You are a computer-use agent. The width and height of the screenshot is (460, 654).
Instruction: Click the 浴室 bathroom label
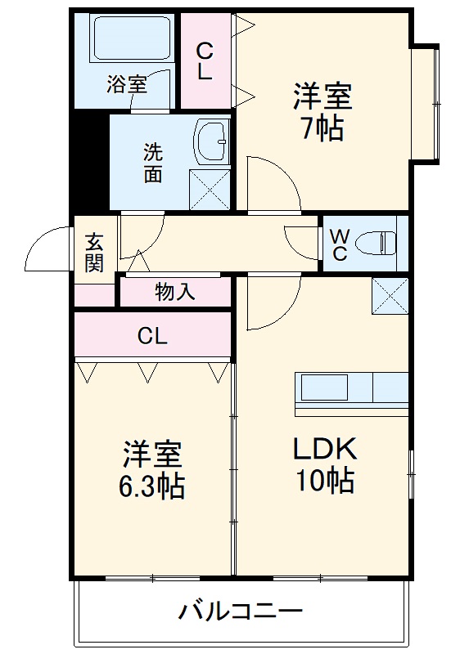tap(126, 83)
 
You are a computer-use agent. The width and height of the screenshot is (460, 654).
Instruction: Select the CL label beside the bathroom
tap(204, 61)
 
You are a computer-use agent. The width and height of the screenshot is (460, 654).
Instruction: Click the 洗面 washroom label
tap(153, 163)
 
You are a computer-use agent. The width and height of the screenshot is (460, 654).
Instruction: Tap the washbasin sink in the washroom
tap(214, 141)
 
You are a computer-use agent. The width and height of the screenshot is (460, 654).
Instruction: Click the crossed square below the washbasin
tap(210, 189)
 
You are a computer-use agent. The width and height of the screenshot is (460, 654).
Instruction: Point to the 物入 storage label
tap(175, 291)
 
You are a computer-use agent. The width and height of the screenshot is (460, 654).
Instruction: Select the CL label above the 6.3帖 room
tap(152, 335)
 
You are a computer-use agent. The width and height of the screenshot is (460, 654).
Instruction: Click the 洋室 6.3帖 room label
tap(153, 469)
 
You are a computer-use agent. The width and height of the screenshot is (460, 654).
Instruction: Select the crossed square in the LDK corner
tap(390, 295)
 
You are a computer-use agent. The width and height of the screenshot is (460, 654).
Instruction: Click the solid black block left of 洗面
tap(89, 160)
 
